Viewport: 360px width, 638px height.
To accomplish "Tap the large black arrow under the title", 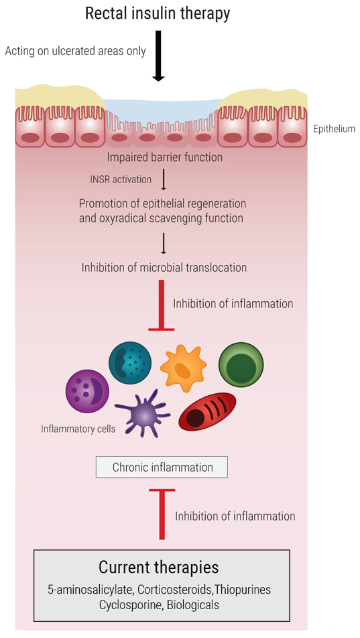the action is pyautogui.click(x=159, y=56).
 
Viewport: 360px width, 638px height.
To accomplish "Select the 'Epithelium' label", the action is pyautogui.click(x=335, y=129).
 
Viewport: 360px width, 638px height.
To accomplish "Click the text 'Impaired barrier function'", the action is pyautogui.click(x=165, y=157).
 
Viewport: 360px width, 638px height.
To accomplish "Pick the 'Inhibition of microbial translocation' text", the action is pyautogui.click(x=164, y=268).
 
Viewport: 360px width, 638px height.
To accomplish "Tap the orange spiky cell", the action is pyautogui.click(x=183, y=368).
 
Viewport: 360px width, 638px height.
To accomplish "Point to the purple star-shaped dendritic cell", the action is pyautogui.click(x=143, y=413).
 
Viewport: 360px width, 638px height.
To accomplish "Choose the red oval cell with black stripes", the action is pyautogui.click(x=207, y=412).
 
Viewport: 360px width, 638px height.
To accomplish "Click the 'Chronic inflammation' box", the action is pyautogui.click(x=162, y=467).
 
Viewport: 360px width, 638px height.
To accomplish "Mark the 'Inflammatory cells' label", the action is pyautogui.click(x=78, y=429).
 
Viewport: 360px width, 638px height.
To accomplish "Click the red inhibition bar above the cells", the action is pyautogui.click(x=162, y=305).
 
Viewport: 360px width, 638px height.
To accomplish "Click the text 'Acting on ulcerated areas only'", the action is pyautogui.click(x=75, y=52).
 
